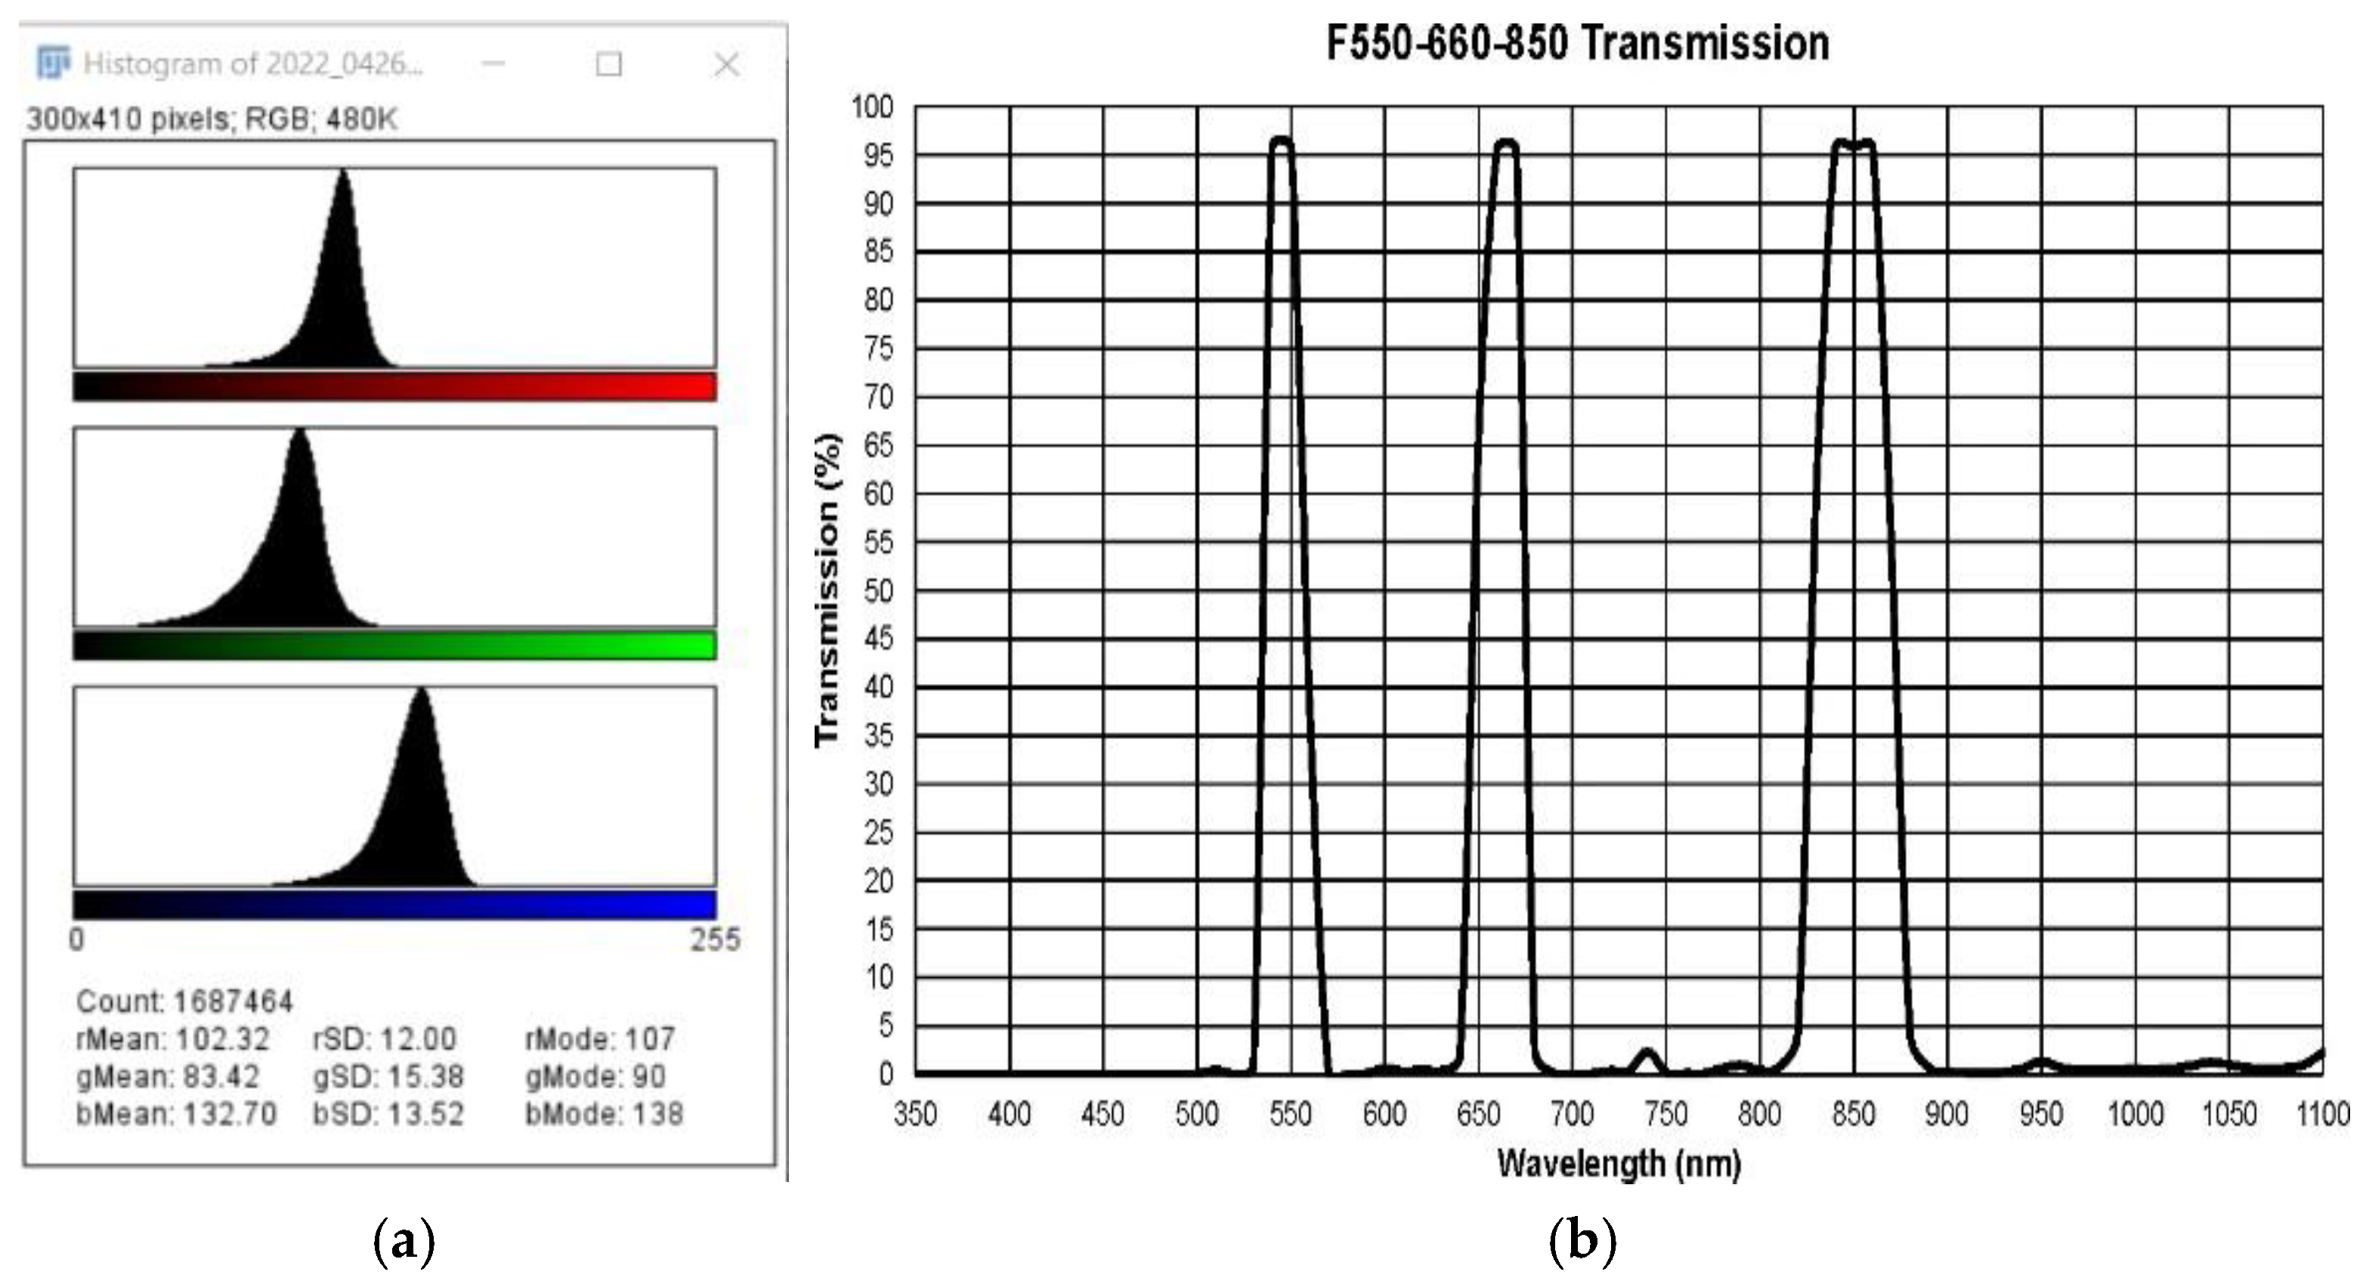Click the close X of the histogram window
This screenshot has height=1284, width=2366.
coord(726,64)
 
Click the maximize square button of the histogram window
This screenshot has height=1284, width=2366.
coord(608,64)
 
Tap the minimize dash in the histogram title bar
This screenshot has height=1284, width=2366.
coord(493,63)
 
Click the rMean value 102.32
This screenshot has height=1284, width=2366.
coord(222,1039)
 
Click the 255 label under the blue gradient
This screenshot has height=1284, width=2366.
coord(715,939)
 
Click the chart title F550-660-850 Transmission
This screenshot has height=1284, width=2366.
coord(1577,43)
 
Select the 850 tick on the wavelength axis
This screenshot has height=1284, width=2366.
coord(1854,1115)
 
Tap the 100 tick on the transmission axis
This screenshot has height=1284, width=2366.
coord(873,107)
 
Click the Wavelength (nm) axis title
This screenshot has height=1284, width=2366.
coord(1619,1165)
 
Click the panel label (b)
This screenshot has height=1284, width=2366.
coord(1582,1242)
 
